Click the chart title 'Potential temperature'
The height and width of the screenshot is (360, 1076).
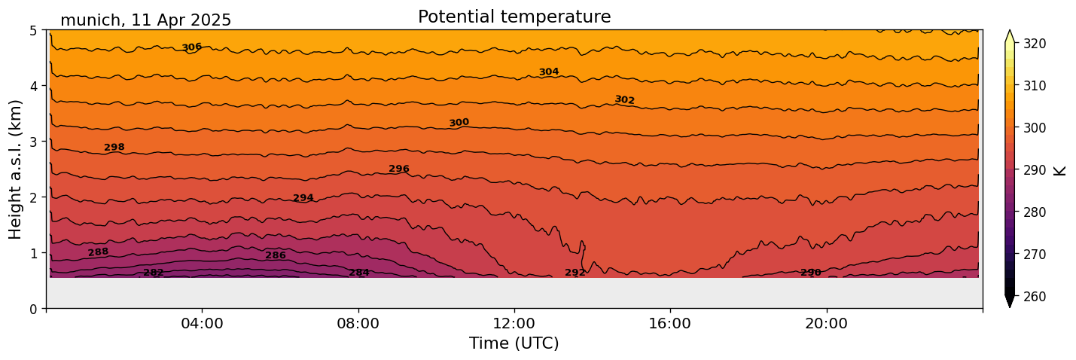click(x=514, y=17)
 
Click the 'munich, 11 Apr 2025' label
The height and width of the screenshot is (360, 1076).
click(x=145, y=20)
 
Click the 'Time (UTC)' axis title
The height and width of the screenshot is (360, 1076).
click(x=514, y=343)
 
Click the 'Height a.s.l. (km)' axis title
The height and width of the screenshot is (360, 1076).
click(x=16, y=169)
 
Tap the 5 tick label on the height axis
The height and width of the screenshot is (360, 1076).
click(x=33, y=31)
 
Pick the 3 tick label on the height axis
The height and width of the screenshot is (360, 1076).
click(x=33, y=142)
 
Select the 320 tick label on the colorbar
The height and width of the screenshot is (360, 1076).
click(x=1034, y=44)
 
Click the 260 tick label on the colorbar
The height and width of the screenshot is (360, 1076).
click(x=1034, y=297)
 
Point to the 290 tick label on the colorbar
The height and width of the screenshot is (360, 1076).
click(x=1034, y=170)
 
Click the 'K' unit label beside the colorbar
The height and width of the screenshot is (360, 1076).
click(x=1060, y=170)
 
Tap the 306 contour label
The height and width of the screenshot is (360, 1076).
click(x=191, y=47)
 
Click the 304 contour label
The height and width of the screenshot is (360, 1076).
click(x=548, y=72)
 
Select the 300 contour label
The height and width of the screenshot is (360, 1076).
click(x=459, y=123)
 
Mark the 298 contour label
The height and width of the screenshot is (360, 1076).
click(x=114, y=148)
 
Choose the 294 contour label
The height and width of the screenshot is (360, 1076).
click(x=303, y=198)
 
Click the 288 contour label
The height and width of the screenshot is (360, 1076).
click(x=98, y=252)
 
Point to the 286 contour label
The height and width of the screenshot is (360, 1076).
click(x=275, y=256)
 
